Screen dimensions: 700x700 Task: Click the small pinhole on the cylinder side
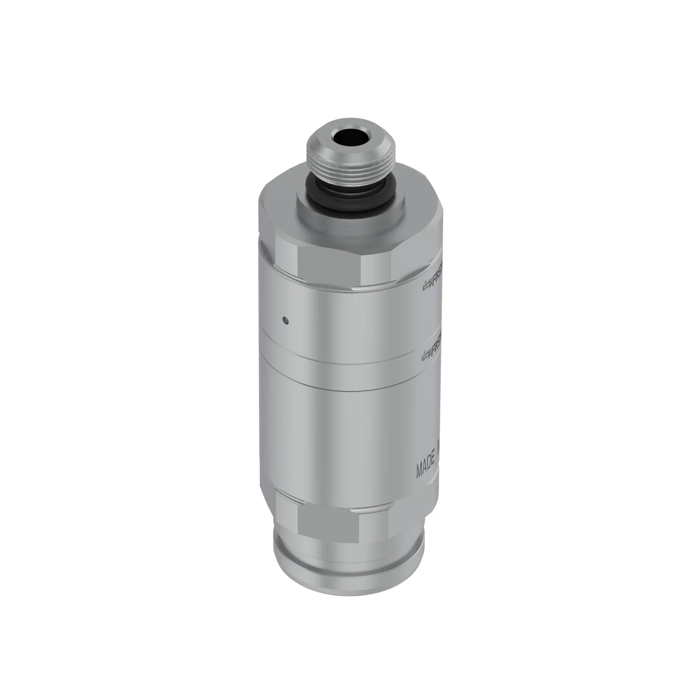(286, 320)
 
